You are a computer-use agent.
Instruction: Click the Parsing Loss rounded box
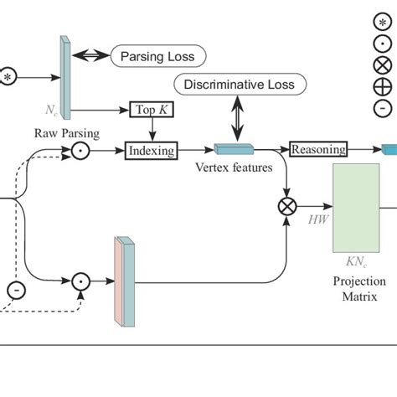pyautogui.click(x=157, y=56)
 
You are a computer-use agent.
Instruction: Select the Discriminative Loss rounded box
pyautogui.click(x=239, y=85)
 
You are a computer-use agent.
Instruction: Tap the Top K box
pyautogui.click(x=152, y=110)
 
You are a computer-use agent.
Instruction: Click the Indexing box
pyautogui.click(x=152, y=151)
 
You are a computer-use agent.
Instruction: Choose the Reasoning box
pyautogui.click(x=318, y=150)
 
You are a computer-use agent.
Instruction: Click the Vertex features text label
pyautogui.click(x=234, y=168)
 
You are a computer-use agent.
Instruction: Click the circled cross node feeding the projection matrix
pyautogui.click(x=286, y=204)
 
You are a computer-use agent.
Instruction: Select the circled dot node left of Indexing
pyautogui.click(x=80, y=151)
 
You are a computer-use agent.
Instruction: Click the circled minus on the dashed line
pyautogui.click(x=16, y=291)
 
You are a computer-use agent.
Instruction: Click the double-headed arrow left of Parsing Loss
pyautogui.click(x=90, y=56)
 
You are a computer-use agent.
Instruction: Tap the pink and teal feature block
pyautogui.click(x=123, y=280)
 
